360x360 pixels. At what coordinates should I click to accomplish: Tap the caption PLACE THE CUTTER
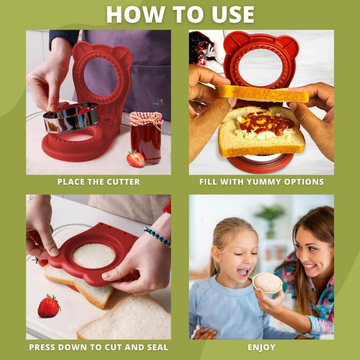pos(99,182)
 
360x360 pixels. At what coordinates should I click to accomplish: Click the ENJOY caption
pos(261,347)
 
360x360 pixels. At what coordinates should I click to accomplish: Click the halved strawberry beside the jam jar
pos(135,158)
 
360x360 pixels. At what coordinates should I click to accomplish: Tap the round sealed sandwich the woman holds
pos(267,283)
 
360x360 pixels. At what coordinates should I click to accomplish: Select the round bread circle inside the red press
pos(94,256)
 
